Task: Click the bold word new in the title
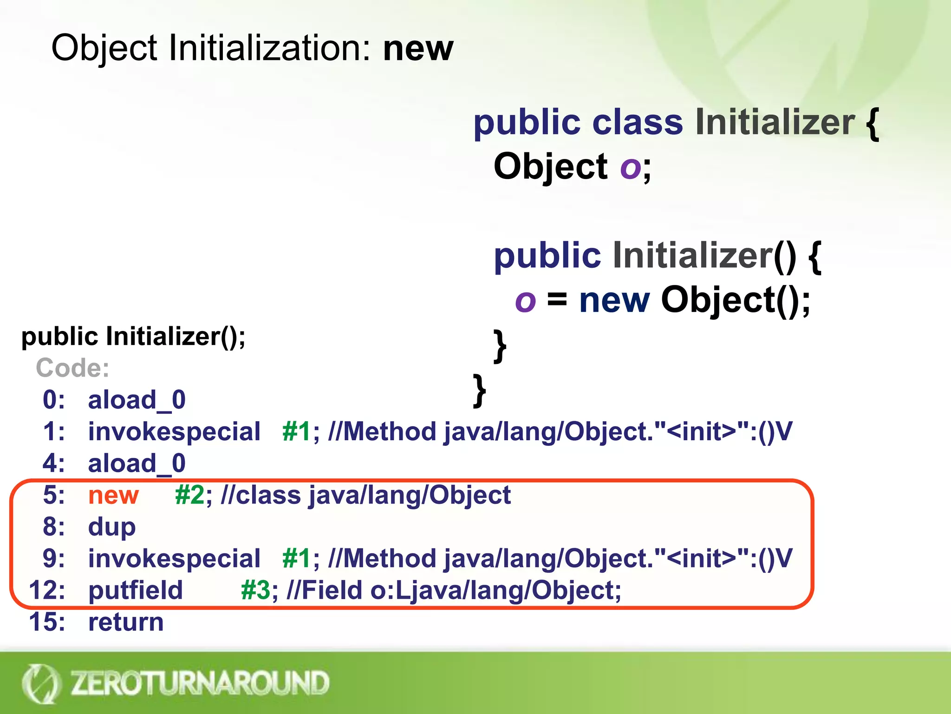pos(417,48)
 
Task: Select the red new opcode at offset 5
pos(113,495)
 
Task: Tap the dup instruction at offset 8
pos(112,527)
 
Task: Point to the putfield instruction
pos(136,590)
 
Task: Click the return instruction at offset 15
pos(126,621)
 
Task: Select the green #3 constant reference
pos(255,590)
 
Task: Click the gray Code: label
pos(72,368)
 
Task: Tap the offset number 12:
pos(47,590)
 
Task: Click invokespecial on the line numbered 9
pos(174,558)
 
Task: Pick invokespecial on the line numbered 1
pos(174,431)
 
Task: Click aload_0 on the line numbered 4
pos(137,463)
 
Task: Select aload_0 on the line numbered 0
pos(137,400)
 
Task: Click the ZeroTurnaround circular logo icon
pos(41,683)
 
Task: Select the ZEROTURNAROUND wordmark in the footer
pos(200,683)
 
